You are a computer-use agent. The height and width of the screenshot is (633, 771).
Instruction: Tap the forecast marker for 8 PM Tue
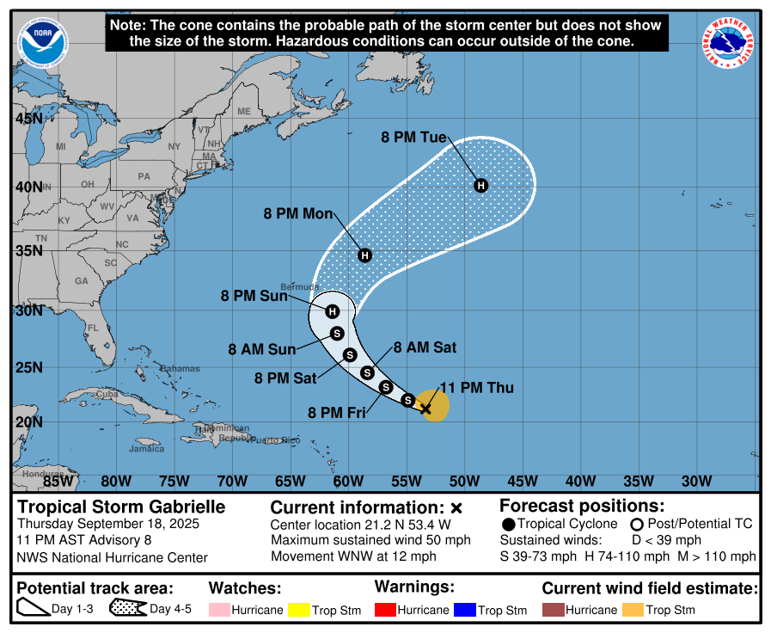pos(481,186)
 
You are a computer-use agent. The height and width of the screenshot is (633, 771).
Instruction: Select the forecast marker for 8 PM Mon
pos(364,255)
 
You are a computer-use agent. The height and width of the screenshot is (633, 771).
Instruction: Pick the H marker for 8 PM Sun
pos(333,311)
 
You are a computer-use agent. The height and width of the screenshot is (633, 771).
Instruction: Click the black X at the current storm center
pos(425,409)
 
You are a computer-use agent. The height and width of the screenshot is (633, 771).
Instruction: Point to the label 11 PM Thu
pos(476,388)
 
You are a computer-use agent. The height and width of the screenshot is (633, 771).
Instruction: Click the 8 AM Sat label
pos(425,347)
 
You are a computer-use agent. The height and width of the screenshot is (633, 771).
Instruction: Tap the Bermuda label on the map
pos(300,287)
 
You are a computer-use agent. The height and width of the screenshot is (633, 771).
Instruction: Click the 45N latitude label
pos(29,118)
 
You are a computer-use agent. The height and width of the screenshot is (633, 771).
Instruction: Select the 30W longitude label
pos(696,480)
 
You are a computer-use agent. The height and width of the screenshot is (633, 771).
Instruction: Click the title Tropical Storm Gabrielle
pos(121,507)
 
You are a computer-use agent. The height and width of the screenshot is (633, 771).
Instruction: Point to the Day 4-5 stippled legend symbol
pos(127,609)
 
